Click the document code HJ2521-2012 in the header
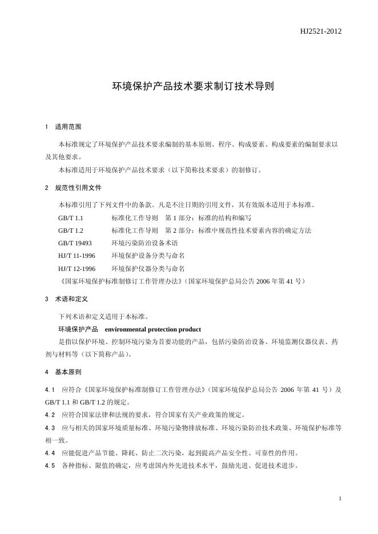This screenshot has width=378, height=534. tap(321, 31)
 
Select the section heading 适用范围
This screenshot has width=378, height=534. tap(68, 126)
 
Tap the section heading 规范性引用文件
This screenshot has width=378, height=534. tap(78, 187)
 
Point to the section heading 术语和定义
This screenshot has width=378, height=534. tap(71, 298)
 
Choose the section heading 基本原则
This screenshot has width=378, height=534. tap(68, 372)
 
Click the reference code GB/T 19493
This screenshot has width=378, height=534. tap(75, 242)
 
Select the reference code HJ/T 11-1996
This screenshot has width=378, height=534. tap(77, 255)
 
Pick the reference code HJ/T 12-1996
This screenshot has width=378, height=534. tap(77, 268)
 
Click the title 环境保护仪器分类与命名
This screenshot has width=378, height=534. tap(148, 268)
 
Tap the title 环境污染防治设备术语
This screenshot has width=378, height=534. tap(144, 242)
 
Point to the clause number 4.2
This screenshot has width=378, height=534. tap(50, 414)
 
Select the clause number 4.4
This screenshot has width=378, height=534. tap(50, 453)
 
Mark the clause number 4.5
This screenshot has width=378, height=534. tap(50, 466)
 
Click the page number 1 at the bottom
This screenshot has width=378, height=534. tap(340, 499)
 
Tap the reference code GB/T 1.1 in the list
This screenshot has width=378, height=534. tap(71, 217)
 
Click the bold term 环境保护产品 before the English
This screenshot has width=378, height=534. tap(78, 329)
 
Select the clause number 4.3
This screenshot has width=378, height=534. tap(50, 427)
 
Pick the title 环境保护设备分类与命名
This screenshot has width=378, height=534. tap(148, 255)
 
